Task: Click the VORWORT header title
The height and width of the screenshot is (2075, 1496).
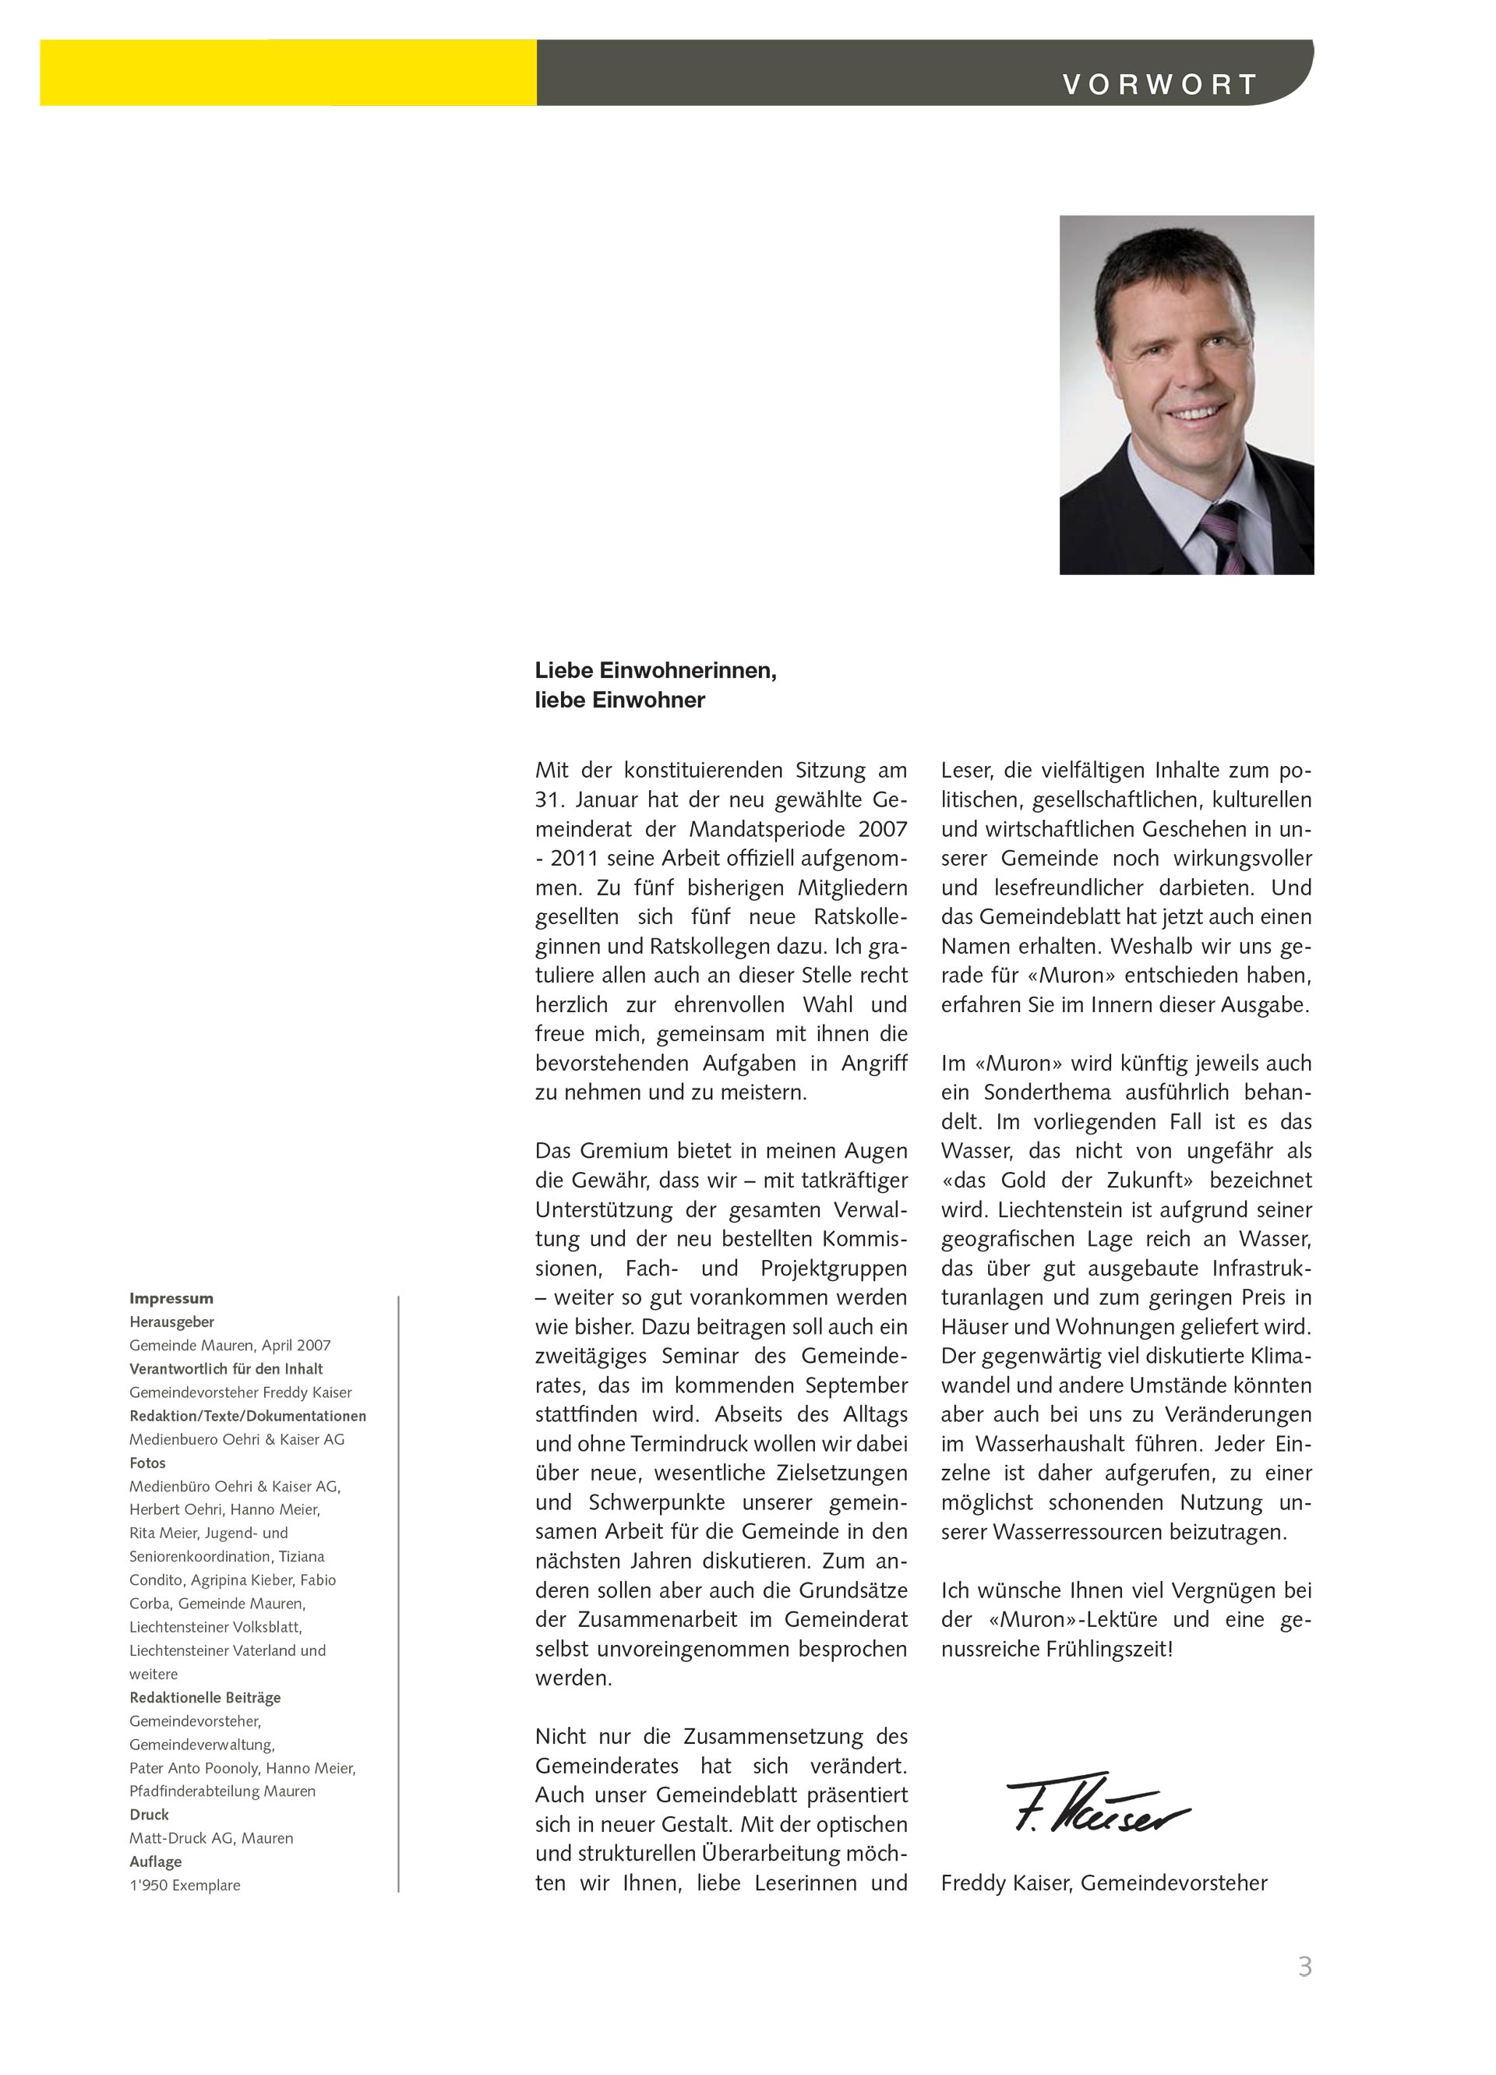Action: point(1159,85)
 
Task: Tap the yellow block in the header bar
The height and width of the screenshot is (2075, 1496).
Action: point(288,72)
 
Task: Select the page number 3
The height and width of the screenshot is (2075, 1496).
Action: point(1305,1966)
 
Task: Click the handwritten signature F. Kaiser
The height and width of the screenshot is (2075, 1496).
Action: point(1096,1804)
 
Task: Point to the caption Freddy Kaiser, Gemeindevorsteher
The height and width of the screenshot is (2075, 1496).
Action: point(1103,1883)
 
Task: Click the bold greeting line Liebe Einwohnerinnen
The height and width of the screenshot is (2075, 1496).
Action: point(655,671)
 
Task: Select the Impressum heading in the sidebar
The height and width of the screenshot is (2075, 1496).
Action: point(171,1298)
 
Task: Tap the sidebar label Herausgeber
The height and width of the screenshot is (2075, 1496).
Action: point(172,1322)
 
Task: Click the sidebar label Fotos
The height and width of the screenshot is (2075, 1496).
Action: point(147,1463)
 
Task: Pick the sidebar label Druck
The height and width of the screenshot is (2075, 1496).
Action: point(149,1814)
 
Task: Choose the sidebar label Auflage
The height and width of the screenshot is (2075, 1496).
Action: point(156,1862)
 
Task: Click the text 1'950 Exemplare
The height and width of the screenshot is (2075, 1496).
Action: point(185,1885)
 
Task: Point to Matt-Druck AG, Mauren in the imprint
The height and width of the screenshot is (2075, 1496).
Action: point(211,1838)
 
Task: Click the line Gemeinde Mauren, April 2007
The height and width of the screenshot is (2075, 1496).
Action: point(230,1346)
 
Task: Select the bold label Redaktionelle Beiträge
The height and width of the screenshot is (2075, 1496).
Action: point(205,1697)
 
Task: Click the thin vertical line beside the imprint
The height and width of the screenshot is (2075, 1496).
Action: point(399,1592)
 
